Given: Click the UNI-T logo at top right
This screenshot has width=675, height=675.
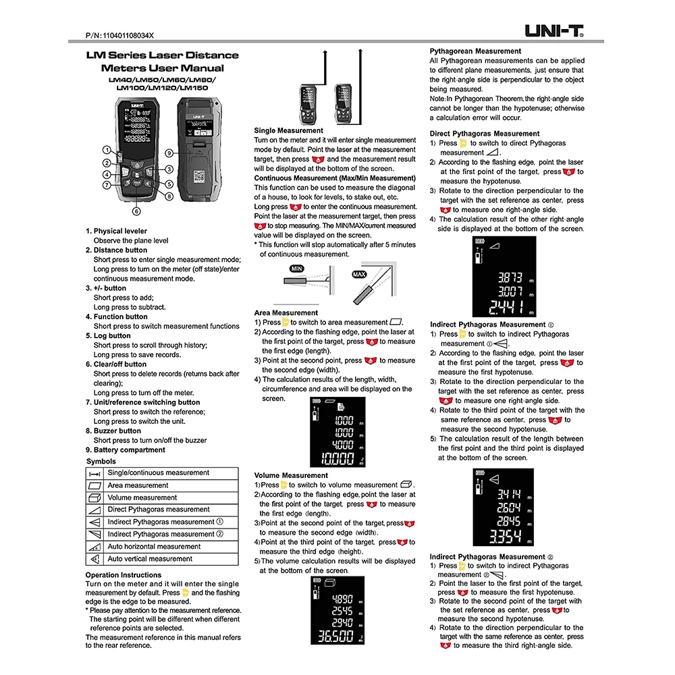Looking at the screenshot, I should click(x=554, y=30).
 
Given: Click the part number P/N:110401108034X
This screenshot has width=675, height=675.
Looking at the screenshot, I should click(x=121, y=34).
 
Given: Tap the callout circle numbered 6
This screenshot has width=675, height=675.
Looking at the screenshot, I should click(x=136, y=211).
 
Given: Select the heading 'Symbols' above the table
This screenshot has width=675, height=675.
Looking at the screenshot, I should click(x=101, y=462).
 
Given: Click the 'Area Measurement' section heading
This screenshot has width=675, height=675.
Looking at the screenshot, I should click(x=286, y=313).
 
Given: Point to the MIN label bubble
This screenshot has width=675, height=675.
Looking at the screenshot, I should click(x=296, y=269).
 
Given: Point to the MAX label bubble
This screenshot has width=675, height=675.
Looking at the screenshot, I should click(x=358, y=274).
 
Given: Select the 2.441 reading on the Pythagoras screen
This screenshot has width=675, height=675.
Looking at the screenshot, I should click(x=504, y=308).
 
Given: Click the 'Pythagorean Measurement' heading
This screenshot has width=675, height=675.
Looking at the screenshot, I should click(x=475, y=51).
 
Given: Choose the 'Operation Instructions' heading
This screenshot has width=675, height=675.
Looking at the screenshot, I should click(x=124, y=575).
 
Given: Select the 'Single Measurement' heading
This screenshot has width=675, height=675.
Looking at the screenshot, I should click(x=288, y=130).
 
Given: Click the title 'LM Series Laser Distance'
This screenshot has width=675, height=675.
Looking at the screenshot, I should click(x=162, y=55).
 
